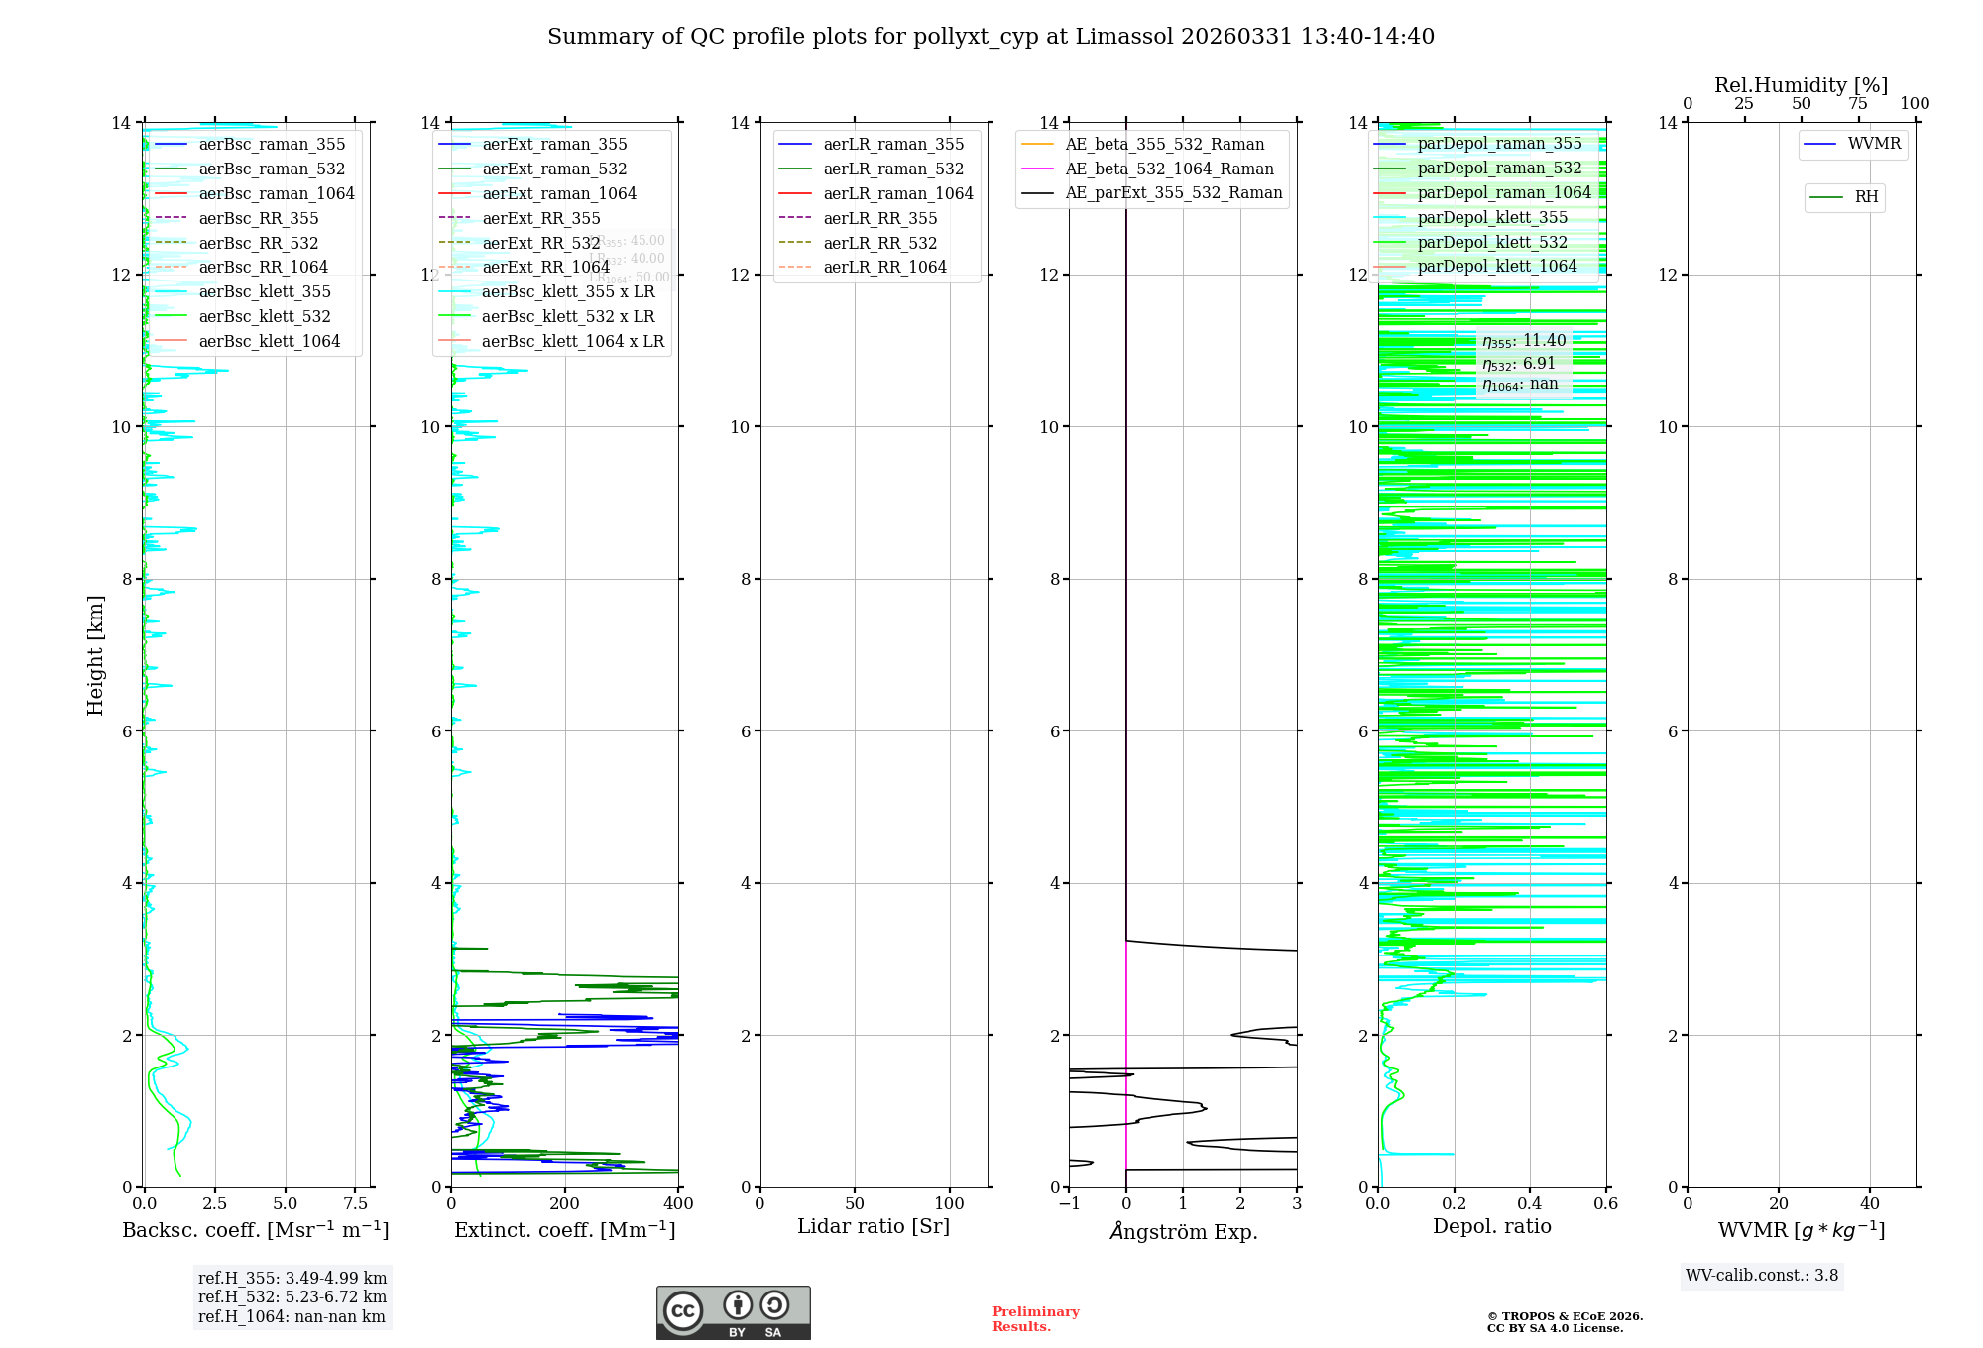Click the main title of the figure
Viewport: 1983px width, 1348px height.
point(991,37)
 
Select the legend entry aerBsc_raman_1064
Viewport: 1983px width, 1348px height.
point(276,193)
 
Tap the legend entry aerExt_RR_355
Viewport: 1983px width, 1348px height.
point(540,218)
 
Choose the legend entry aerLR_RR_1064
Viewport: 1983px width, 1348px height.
point(884,267)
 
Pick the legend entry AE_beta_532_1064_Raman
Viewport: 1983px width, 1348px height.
point(1169,168)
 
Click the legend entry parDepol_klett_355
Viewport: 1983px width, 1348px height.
point(1492,217)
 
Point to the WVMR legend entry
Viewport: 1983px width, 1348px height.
point(1874,144)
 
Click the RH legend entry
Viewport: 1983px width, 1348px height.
point(1866,197)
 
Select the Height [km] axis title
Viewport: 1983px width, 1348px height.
point(95,655)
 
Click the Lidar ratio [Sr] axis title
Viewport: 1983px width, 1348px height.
point(874,1227)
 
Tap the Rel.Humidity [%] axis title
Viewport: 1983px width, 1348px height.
point(1801,85)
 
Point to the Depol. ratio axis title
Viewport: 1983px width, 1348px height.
point(1491,1227)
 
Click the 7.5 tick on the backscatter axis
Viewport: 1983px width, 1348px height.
point(356,1204)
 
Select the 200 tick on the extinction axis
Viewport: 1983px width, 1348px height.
point(565,1204)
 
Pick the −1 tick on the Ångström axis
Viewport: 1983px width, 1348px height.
point(1069,1204)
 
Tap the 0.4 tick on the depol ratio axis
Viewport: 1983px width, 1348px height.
point(1530,1204)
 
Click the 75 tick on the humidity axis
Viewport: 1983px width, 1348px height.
point(1858,104)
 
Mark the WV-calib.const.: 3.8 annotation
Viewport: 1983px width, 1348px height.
point(1762,1276)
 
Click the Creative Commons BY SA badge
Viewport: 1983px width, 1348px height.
point(733,1313)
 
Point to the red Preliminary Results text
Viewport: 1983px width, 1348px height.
point(1035,1319)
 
